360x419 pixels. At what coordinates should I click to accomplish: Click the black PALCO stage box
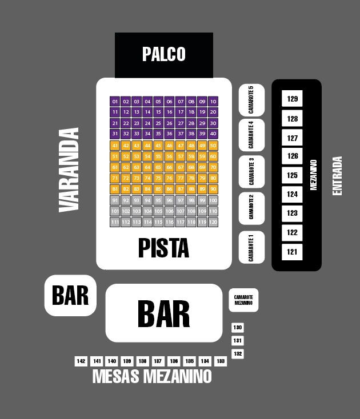pos(164,54)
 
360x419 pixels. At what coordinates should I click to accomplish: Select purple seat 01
pos(115,101)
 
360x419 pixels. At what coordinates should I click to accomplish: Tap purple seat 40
pos(213,134)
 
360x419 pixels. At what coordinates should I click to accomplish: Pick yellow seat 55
pos(158,156)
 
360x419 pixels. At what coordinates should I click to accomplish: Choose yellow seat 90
pos(213,189)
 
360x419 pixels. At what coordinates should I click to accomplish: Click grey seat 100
pos(213,200)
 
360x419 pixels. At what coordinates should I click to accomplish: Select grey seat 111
pos(115,222)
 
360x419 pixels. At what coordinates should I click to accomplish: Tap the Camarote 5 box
pos(251,100)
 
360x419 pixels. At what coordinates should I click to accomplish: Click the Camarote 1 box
pos(251,247)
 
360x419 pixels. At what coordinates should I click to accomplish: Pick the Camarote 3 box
pos(251,171)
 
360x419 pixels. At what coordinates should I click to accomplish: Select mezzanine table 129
pos(293,99)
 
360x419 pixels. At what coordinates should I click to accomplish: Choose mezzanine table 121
pos(293,252)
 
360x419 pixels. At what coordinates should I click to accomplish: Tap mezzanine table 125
pos(293,175)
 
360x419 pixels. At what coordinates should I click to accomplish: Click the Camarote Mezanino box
pos(243,300)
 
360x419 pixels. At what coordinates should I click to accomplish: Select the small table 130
pos(238,328)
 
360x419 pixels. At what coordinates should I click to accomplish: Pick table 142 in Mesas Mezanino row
pos(81,361)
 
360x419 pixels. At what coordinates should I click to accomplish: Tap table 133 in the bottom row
pos(220,361)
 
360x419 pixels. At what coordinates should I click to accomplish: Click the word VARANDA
pos(69,170)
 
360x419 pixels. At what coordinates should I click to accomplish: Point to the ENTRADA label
pos(337,176)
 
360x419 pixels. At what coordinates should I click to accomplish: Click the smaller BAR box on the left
pos(70,295)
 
